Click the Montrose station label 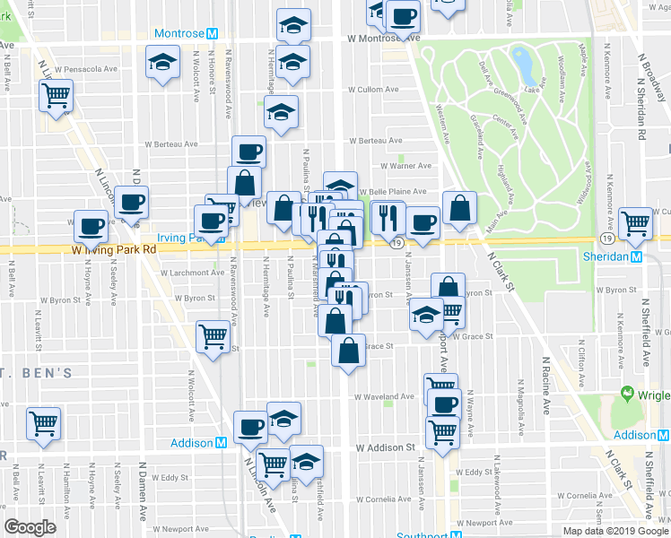pyautogui.click(x=180, y=33)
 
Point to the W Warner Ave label pyautogui.click(x=405, y=165)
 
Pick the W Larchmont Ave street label pyautogui.click(x=193, y=273)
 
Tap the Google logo pyautogui.click(x=30, y=526)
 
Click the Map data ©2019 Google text pyautogui.click(x=615, y=531)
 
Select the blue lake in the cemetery pyautogui.click(x=520, y=61)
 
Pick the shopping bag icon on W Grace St pyautogui.click(x=348, y=349)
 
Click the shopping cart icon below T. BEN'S pyautogui.click(x=43, y=423)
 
